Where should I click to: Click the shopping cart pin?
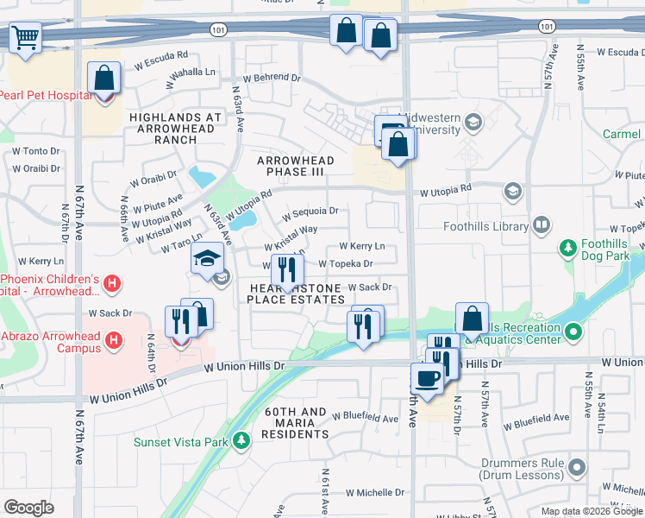pos(26,37)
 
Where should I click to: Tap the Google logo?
pos(28,508)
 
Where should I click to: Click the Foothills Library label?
pos(485,227)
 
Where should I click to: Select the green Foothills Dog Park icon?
pos(567,250)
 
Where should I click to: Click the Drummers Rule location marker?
pos(577,469)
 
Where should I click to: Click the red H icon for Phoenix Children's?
pos(111,283)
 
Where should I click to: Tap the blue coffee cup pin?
pos(426,377)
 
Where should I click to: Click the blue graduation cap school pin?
pos(207,259)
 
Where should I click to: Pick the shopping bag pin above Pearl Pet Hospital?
pos(103,79)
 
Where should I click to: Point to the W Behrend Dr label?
pos(271,78)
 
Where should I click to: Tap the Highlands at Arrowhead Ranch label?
pos(176,128)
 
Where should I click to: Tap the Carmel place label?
pos(621,135)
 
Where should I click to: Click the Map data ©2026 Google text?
pos(592,511)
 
